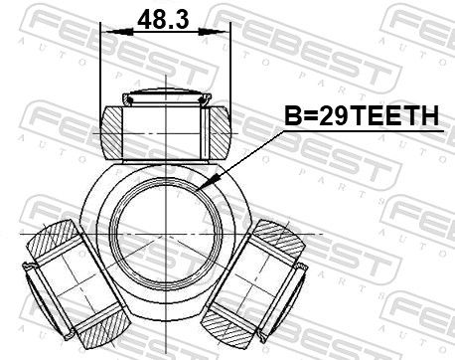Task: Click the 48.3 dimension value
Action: tap(163, 19)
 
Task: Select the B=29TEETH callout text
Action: tap(362, 115)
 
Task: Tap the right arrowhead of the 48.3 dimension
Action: tap(213, 32)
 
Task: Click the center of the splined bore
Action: tap(165, 235)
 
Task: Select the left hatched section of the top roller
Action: tap(112, 132)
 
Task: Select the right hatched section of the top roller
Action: tap(219, 132)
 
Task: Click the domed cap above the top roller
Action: tap(167, 97)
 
